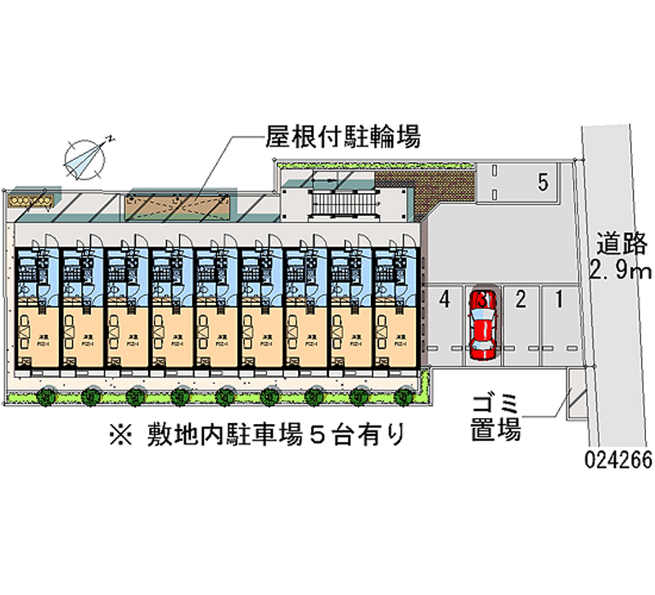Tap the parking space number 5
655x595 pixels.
point(543,183)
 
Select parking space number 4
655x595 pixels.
point(444,299)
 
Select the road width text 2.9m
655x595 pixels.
point(620,272)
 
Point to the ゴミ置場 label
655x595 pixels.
point(496,417)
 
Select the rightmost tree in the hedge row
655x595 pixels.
point(402,397)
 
